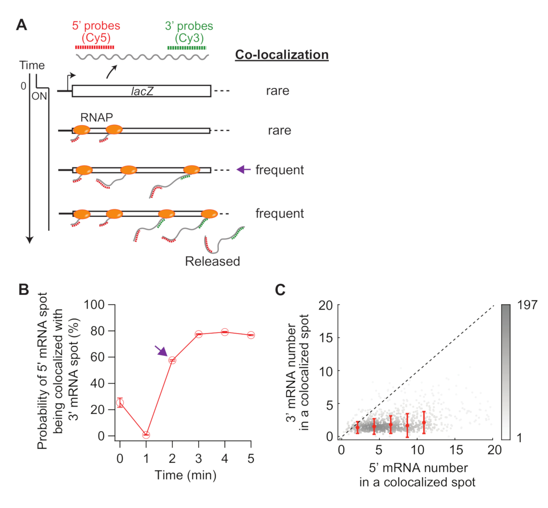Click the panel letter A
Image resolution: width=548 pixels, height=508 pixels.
click(x=21, y=25)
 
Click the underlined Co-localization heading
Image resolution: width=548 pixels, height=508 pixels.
click(x=282, y=55)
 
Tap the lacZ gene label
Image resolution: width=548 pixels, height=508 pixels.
click(x=142, y=91)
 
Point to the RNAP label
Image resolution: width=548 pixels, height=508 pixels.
click(x=96, y=118)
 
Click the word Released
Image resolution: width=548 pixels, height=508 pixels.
click(x=212, y=261)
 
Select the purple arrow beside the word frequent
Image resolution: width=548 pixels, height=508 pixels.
click(x=243, y=170)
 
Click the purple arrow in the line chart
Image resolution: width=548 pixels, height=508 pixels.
click(x=161, y=351)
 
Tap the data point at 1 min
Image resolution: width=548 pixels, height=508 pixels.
click(x=146, y=435)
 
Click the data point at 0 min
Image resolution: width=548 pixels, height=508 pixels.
click(x=120, y=403)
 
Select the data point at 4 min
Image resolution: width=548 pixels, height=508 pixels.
click(x=225, y=332)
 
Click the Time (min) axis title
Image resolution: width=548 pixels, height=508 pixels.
click(x=185, y=475)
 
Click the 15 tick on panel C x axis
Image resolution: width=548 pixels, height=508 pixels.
click(x=456, y=450)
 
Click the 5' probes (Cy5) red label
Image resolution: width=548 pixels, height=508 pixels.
click(x=96, y=32)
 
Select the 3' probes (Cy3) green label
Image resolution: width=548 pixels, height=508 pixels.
click(x=189, y=32)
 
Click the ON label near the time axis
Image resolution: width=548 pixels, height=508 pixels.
click(x=39, y=96)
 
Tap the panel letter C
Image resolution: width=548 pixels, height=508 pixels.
click(x=280, y=289)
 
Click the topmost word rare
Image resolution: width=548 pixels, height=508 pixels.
click(x=278, y=91)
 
